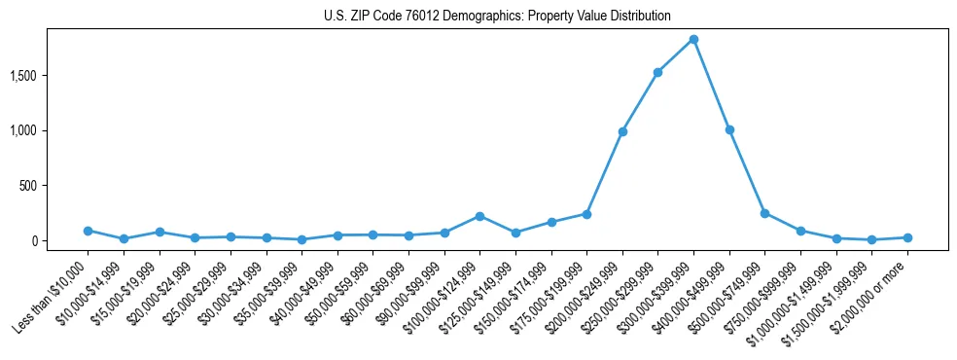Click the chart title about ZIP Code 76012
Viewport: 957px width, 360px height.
click(x=497, y=17)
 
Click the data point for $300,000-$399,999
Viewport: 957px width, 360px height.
click(x=693, y=40)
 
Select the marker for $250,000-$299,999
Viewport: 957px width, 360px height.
click(x=657, y=72)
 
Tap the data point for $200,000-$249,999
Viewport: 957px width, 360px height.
click(x=622, y=131)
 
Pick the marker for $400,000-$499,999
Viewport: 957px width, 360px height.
click(x=729, y=129)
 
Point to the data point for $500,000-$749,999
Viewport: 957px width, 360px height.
click(x=764, y=213)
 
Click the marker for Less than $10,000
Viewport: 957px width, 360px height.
click(x=88, y=231)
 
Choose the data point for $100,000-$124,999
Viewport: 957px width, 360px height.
click(x=479, y=216)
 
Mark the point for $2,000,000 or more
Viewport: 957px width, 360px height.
click(x=907, y=237)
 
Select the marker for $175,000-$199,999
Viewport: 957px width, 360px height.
click(x=586, y=214)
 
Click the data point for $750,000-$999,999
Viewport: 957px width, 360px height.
click(x=800, y=231)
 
